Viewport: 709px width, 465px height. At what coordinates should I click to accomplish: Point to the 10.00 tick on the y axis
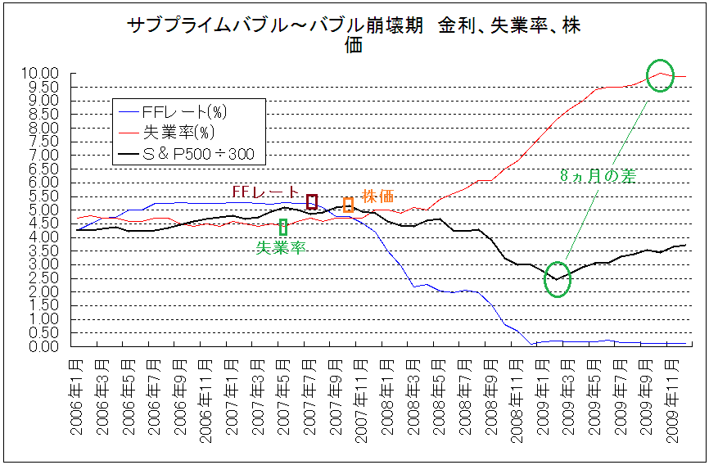click(x=41, y=74)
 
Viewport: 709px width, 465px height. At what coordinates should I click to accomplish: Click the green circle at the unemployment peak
click(x=660, y=75)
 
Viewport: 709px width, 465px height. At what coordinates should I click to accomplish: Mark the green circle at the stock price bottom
click(x=557, y=279)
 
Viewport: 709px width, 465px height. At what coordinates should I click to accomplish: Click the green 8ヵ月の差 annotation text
click(x=598, y=175)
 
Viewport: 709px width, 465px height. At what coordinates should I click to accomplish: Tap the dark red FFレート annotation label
click(x=265, y=191)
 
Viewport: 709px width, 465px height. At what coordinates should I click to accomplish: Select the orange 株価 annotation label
click(x=377, y=196)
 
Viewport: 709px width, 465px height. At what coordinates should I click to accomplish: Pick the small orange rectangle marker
click(x=348, y=205)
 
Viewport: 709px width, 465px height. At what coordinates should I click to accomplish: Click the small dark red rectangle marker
click(x=311, y=201)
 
